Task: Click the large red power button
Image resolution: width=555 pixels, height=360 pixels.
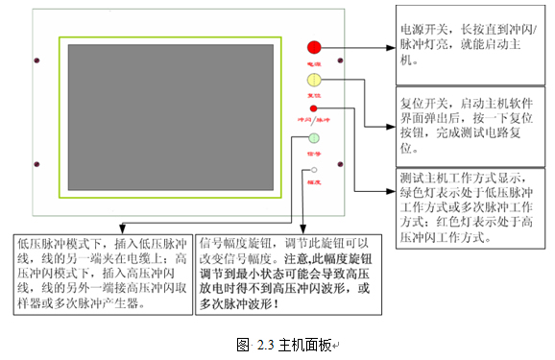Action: [314, 47]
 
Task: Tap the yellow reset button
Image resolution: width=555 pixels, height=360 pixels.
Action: [314, 80]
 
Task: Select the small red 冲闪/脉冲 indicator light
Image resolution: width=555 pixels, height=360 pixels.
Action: [314, 109]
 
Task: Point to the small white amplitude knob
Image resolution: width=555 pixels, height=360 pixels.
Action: [314, 170]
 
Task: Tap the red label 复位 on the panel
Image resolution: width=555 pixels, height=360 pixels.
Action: [314, 96]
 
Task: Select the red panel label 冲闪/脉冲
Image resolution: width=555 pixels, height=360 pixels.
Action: [313, 121]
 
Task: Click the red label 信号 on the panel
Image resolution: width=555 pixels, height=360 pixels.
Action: [314, 153]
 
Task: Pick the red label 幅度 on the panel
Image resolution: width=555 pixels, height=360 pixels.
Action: [314, 180]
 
